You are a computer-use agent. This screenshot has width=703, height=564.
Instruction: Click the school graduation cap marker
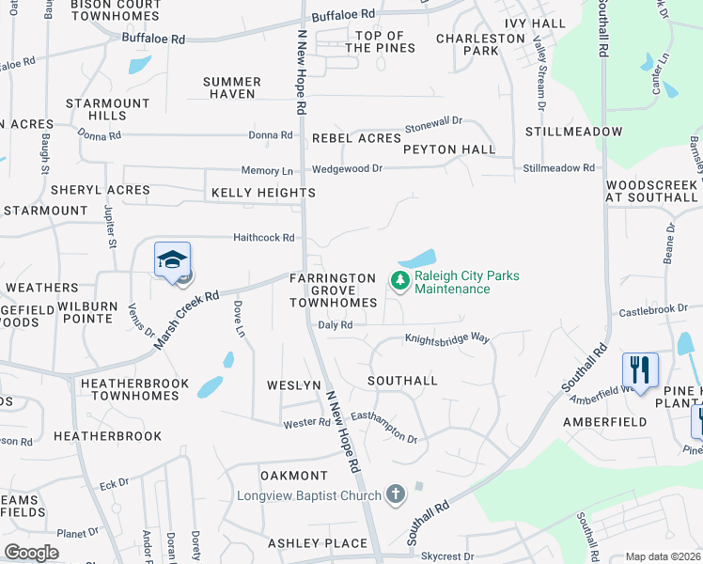[x=173, y=259]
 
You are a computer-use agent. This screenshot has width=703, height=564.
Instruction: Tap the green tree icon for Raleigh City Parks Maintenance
[x=399, y=280]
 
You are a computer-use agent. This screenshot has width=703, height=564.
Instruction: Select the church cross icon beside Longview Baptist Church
[x=396, y=494]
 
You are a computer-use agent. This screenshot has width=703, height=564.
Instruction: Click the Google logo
[x=31, y=553]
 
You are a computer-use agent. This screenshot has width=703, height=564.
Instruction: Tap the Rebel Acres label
[x=356, y=138]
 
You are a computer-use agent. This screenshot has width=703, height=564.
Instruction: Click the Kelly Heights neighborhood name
[x=263, y=193]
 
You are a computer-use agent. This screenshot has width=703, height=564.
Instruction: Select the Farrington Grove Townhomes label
[x=333, y=290]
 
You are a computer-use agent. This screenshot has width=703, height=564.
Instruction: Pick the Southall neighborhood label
[x=402, y=381]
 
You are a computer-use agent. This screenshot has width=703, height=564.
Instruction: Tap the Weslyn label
[x=294, y=385]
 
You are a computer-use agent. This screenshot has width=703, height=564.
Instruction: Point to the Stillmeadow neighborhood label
[x=573, y=132]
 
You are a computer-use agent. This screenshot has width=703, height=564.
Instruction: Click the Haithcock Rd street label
[x=264, y=238]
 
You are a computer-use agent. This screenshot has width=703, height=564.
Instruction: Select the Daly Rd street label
[x=335, y=324]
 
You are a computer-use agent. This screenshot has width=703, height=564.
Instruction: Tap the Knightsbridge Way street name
[x=447, y=338]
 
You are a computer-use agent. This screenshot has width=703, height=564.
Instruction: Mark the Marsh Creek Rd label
[x=188, y=315]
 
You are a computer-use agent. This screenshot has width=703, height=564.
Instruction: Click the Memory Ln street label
[x=267, y=171]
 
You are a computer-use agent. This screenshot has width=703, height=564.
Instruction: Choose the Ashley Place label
[x=317, y=543]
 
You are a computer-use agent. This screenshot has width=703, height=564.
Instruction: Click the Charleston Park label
[x=480, y=44]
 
